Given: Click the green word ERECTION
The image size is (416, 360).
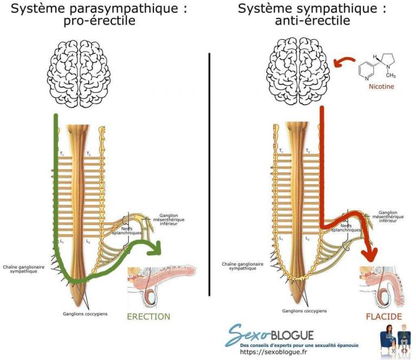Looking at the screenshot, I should point(148,317).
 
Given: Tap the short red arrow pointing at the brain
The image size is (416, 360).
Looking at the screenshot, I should point(343,62).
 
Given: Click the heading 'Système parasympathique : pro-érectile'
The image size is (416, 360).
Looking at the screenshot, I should point(96,15).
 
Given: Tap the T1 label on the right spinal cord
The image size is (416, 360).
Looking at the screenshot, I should point(281,151).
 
